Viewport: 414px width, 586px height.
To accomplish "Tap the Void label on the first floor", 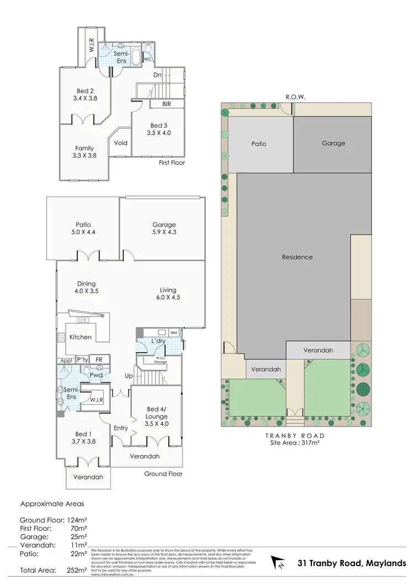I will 120,143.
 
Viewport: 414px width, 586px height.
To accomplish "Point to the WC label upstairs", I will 147,59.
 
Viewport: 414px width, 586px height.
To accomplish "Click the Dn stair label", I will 158,76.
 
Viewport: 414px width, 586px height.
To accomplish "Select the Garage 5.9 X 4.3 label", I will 164,229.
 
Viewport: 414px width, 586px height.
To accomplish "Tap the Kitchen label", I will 81,337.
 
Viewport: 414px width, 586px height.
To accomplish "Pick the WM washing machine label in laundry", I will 173,332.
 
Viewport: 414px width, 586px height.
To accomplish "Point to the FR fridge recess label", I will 99,360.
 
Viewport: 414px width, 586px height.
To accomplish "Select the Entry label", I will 120,428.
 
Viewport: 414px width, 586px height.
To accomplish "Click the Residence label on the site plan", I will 297,257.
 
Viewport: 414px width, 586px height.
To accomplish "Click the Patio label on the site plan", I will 259,144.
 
